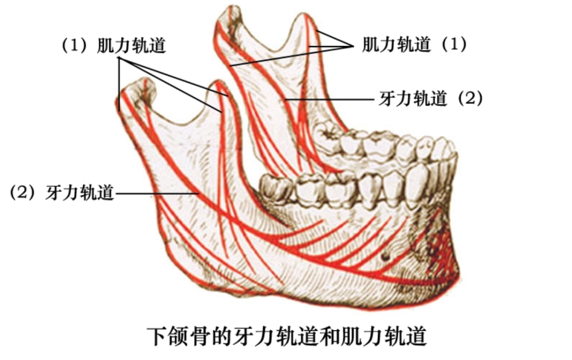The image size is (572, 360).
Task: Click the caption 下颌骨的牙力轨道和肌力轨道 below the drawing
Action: (x=286, y=337)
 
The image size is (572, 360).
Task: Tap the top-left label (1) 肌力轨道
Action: (x=114, y=46)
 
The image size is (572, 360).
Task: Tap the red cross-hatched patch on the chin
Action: (x=442, y=249)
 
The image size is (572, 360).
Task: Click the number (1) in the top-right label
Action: (x=454, y=44)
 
